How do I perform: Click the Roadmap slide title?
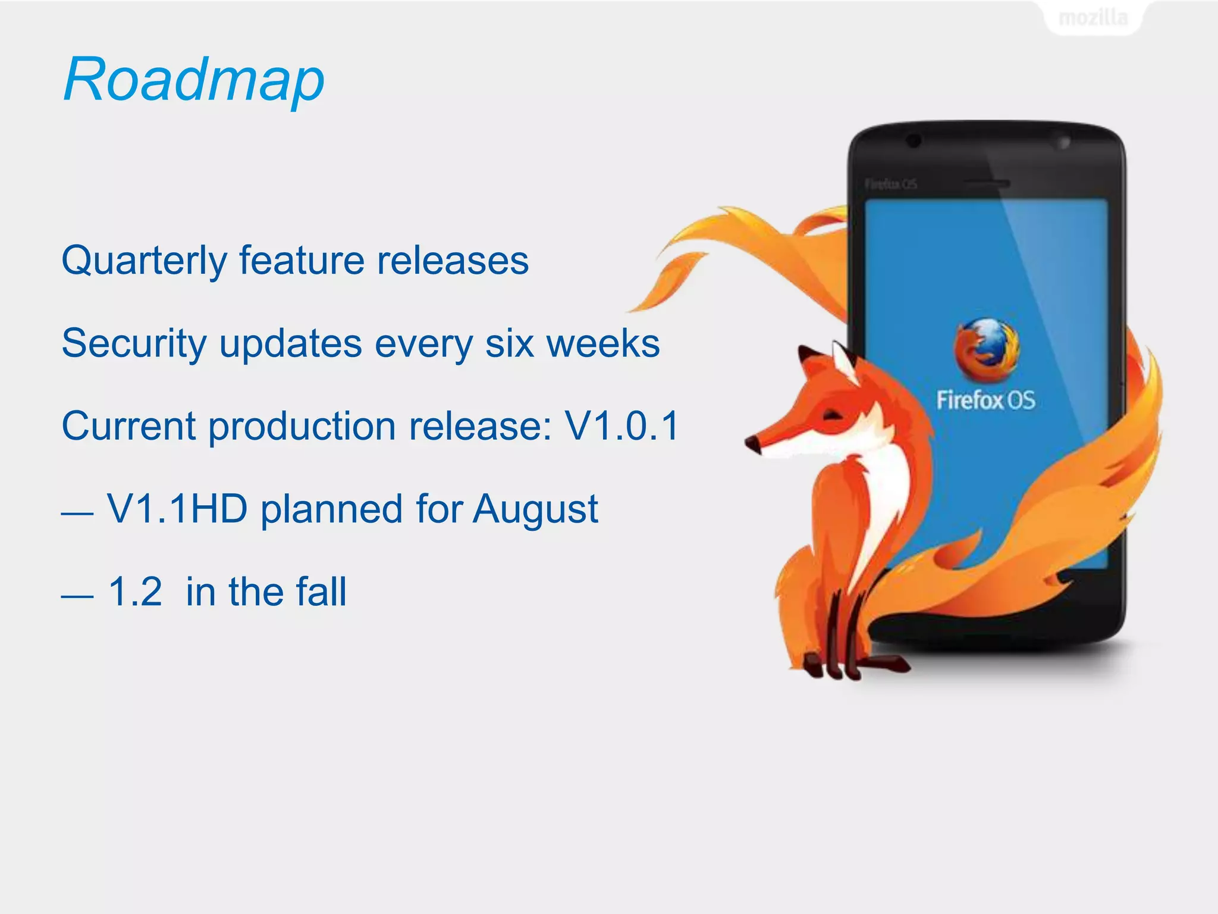tap(194, 79)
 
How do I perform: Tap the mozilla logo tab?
tap(1093, 18)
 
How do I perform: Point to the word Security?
tap(133, 344)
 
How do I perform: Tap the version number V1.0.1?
tap(621, 426)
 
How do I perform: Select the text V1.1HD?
tap(177, 509)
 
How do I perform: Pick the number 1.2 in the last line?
tap(135, 592)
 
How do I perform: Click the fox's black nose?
tap(752, 443)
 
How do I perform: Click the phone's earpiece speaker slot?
tap(986, 183)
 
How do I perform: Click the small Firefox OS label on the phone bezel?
tap(890, 184)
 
